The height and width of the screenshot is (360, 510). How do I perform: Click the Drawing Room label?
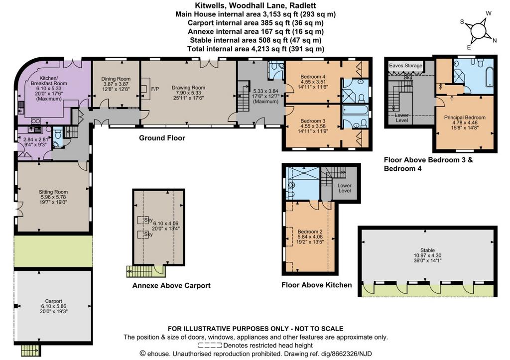point(188,88)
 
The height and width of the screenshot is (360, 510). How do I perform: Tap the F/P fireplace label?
point(155,89)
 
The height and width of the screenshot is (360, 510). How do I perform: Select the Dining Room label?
point(116,79)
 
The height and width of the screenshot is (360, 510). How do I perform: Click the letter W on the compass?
point(489,13)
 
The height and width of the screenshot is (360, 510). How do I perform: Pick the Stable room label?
point(427,250)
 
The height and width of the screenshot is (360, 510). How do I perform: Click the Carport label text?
point(54,301)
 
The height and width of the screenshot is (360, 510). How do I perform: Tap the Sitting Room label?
point(53,192)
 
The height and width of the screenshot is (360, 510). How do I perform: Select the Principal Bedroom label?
point(465,118)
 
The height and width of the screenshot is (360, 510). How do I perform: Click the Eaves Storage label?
point(405,65)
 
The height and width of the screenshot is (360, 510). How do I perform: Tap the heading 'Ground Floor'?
point(162,138)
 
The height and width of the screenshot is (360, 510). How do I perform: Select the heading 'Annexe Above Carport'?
point(171,285)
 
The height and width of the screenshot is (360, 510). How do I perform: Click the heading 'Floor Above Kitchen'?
point(316,285)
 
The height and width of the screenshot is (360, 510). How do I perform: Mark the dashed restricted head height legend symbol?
point(210,346)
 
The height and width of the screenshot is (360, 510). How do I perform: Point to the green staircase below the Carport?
point(30,350)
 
